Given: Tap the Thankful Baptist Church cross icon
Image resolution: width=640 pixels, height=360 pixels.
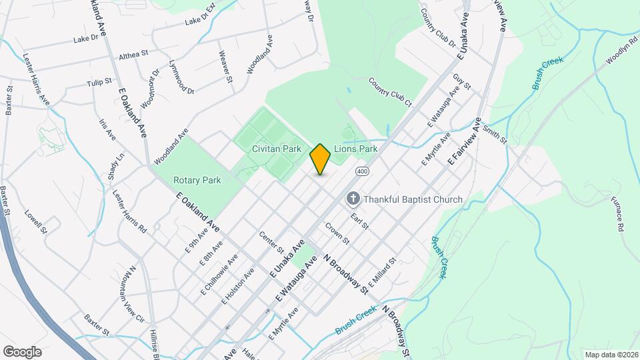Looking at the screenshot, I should coord(353,199).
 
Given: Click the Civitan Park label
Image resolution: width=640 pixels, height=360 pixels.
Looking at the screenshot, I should coord(277,149).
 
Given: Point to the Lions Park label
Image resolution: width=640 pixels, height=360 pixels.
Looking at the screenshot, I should coord(356,149).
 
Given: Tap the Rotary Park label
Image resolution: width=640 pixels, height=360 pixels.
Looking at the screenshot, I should coord(197,180).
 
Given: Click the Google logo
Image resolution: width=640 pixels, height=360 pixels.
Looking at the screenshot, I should coord(22,351).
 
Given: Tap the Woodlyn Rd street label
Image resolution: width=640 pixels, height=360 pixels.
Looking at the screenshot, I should coord(619,49).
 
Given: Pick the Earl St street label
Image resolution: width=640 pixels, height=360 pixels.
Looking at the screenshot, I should coord(360,221).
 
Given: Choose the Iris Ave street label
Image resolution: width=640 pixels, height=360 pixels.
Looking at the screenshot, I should coord(107,129).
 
